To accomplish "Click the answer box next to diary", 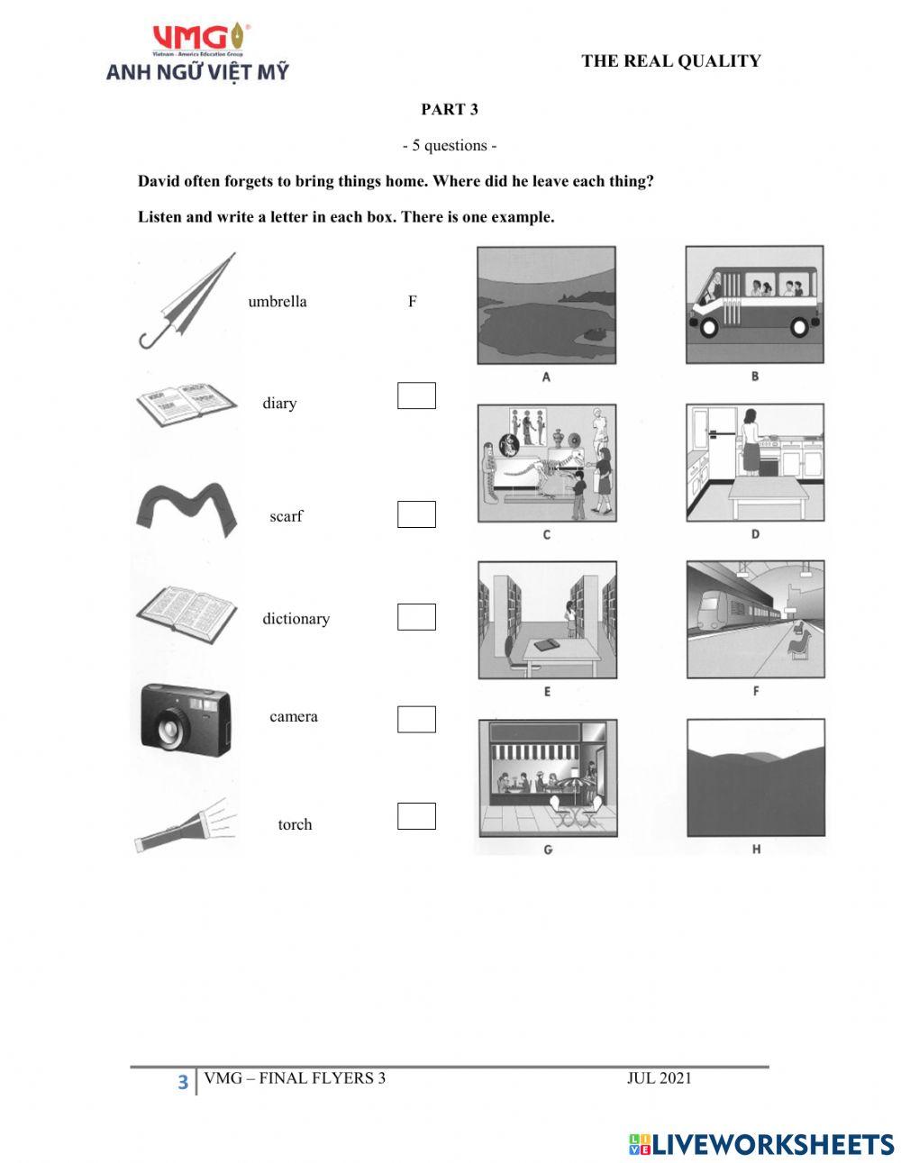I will click(416, 395).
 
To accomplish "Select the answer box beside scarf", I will click(416, 514).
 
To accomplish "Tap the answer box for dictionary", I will click(416, 617).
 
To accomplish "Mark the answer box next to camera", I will click(416, 719).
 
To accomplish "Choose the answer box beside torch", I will click(416, 816).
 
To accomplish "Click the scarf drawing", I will click(187, 510).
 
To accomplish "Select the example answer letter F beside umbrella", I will click(413, 302).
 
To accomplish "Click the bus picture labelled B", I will click(755, 304).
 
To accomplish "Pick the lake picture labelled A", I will click(546, 304).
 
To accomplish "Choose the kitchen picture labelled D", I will click(755, 462).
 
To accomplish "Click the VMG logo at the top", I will click(197, 52).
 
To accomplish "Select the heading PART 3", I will click(450, 110).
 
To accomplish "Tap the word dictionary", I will click(296, 619).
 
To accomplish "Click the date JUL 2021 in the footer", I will click(659, 1078).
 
